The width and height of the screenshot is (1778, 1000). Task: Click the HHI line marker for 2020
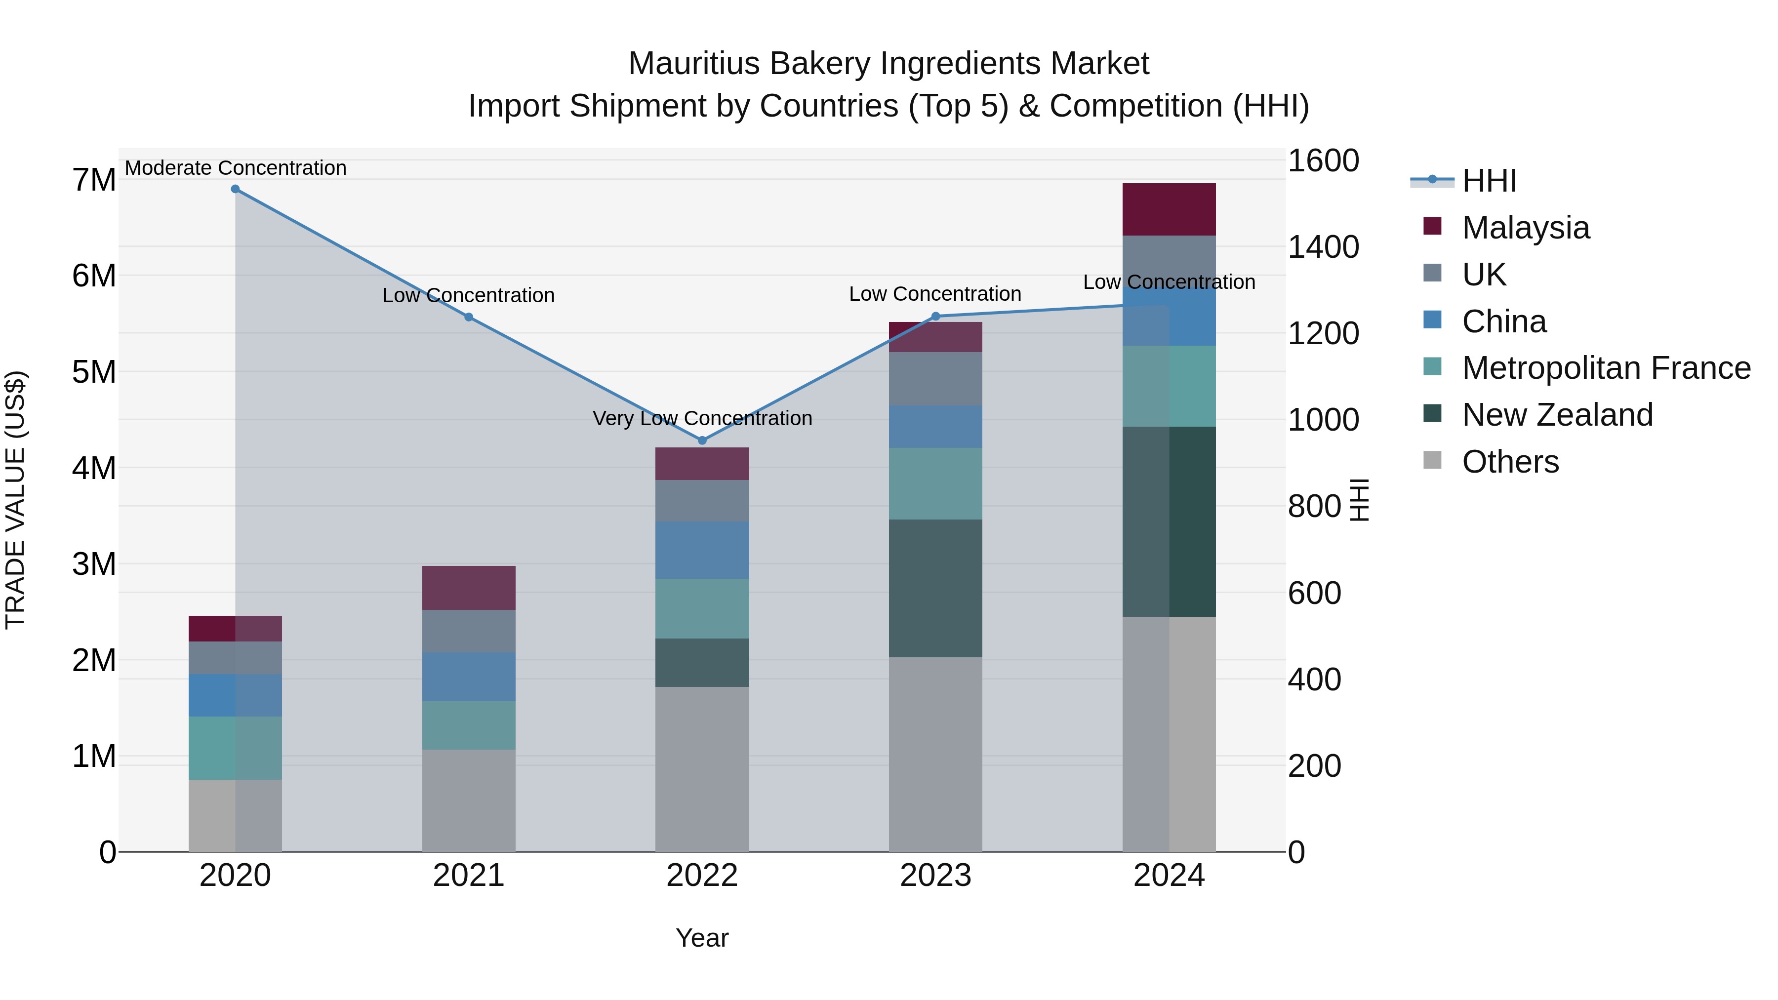[x=236, y=189]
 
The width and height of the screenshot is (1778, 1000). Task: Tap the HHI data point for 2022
[x=703, y=440]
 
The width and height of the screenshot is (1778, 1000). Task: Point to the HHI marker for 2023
[x=936, y=317]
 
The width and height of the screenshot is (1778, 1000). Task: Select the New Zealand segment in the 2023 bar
[x=935, y=588]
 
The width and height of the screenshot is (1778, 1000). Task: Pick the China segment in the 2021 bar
[x=469, y=677]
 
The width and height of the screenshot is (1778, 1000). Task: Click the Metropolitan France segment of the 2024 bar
[x=1169, y=387]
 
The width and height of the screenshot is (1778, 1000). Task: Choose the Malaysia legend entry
[x=1526, y=228]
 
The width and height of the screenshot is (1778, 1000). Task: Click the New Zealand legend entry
[x=1557, y=415]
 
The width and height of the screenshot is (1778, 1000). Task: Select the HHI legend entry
[x=1489, y=181]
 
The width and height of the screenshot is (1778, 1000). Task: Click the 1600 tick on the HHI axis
[x=1323, y=161]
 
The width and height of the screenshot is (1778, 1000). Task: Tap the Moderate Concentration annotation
[x=236, y=168]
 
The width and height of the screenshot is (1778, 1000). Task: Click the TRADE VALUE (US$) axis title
[x=15, y=500]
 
